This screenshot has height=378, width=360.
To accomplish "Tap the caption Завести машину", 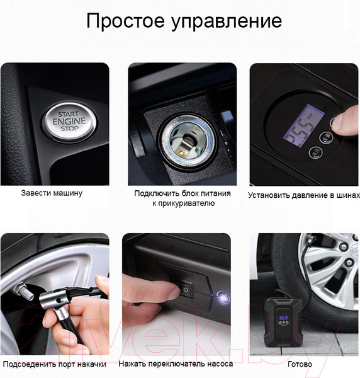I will [x=52, y=193].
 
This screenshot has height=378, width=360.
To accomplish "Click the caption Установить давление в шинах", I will [x=304, y=195].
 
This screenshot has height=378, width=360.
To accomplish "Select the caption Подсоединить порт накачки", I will [x=55, y=364].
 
